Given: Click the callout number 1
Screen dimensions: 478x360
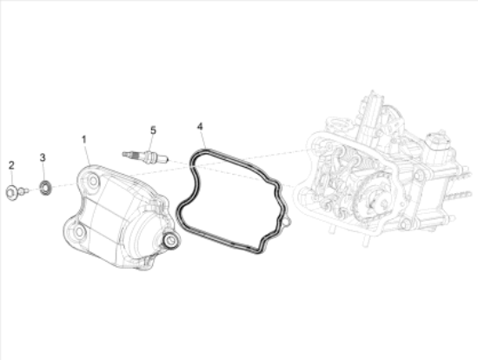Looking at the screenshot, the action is (x=83, y=140).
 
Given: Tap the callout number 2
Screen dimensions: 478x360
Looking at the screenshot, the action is (x=11, y=166).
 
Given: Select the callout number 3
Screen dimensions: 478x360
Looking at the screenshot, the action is (x=43, y=157).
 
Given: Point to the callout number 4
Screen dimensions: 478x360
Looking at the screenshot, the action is (x=200, y=126).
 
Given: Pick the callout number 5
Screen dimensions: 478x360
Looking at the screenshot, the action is (x=153, y=130).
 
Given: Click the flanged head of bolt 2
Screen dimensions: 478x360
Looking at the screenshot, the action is (x=11, y=192).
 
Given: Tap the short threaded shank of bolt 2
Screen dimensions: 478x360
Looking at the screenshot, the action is (x=23, y=191).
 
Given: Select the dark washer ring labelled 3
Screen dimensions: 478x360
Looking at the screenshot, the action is (x=45, y=188).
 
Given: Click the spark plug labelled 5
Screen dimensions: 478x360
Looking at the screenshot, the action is (x=145, y=157).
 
